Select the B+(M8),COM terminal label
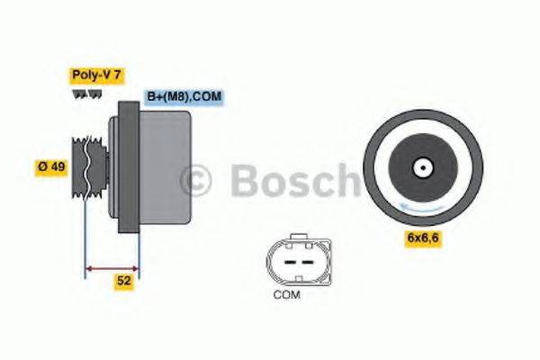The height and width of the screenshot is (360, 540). point(184,97)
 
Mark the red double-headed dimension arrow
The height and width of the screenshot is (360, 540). point(112,267)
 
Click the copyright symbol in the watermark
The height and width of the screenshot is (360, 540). point(199,180)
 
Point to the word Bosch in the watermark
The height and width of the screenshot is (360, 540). point(292,180)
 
